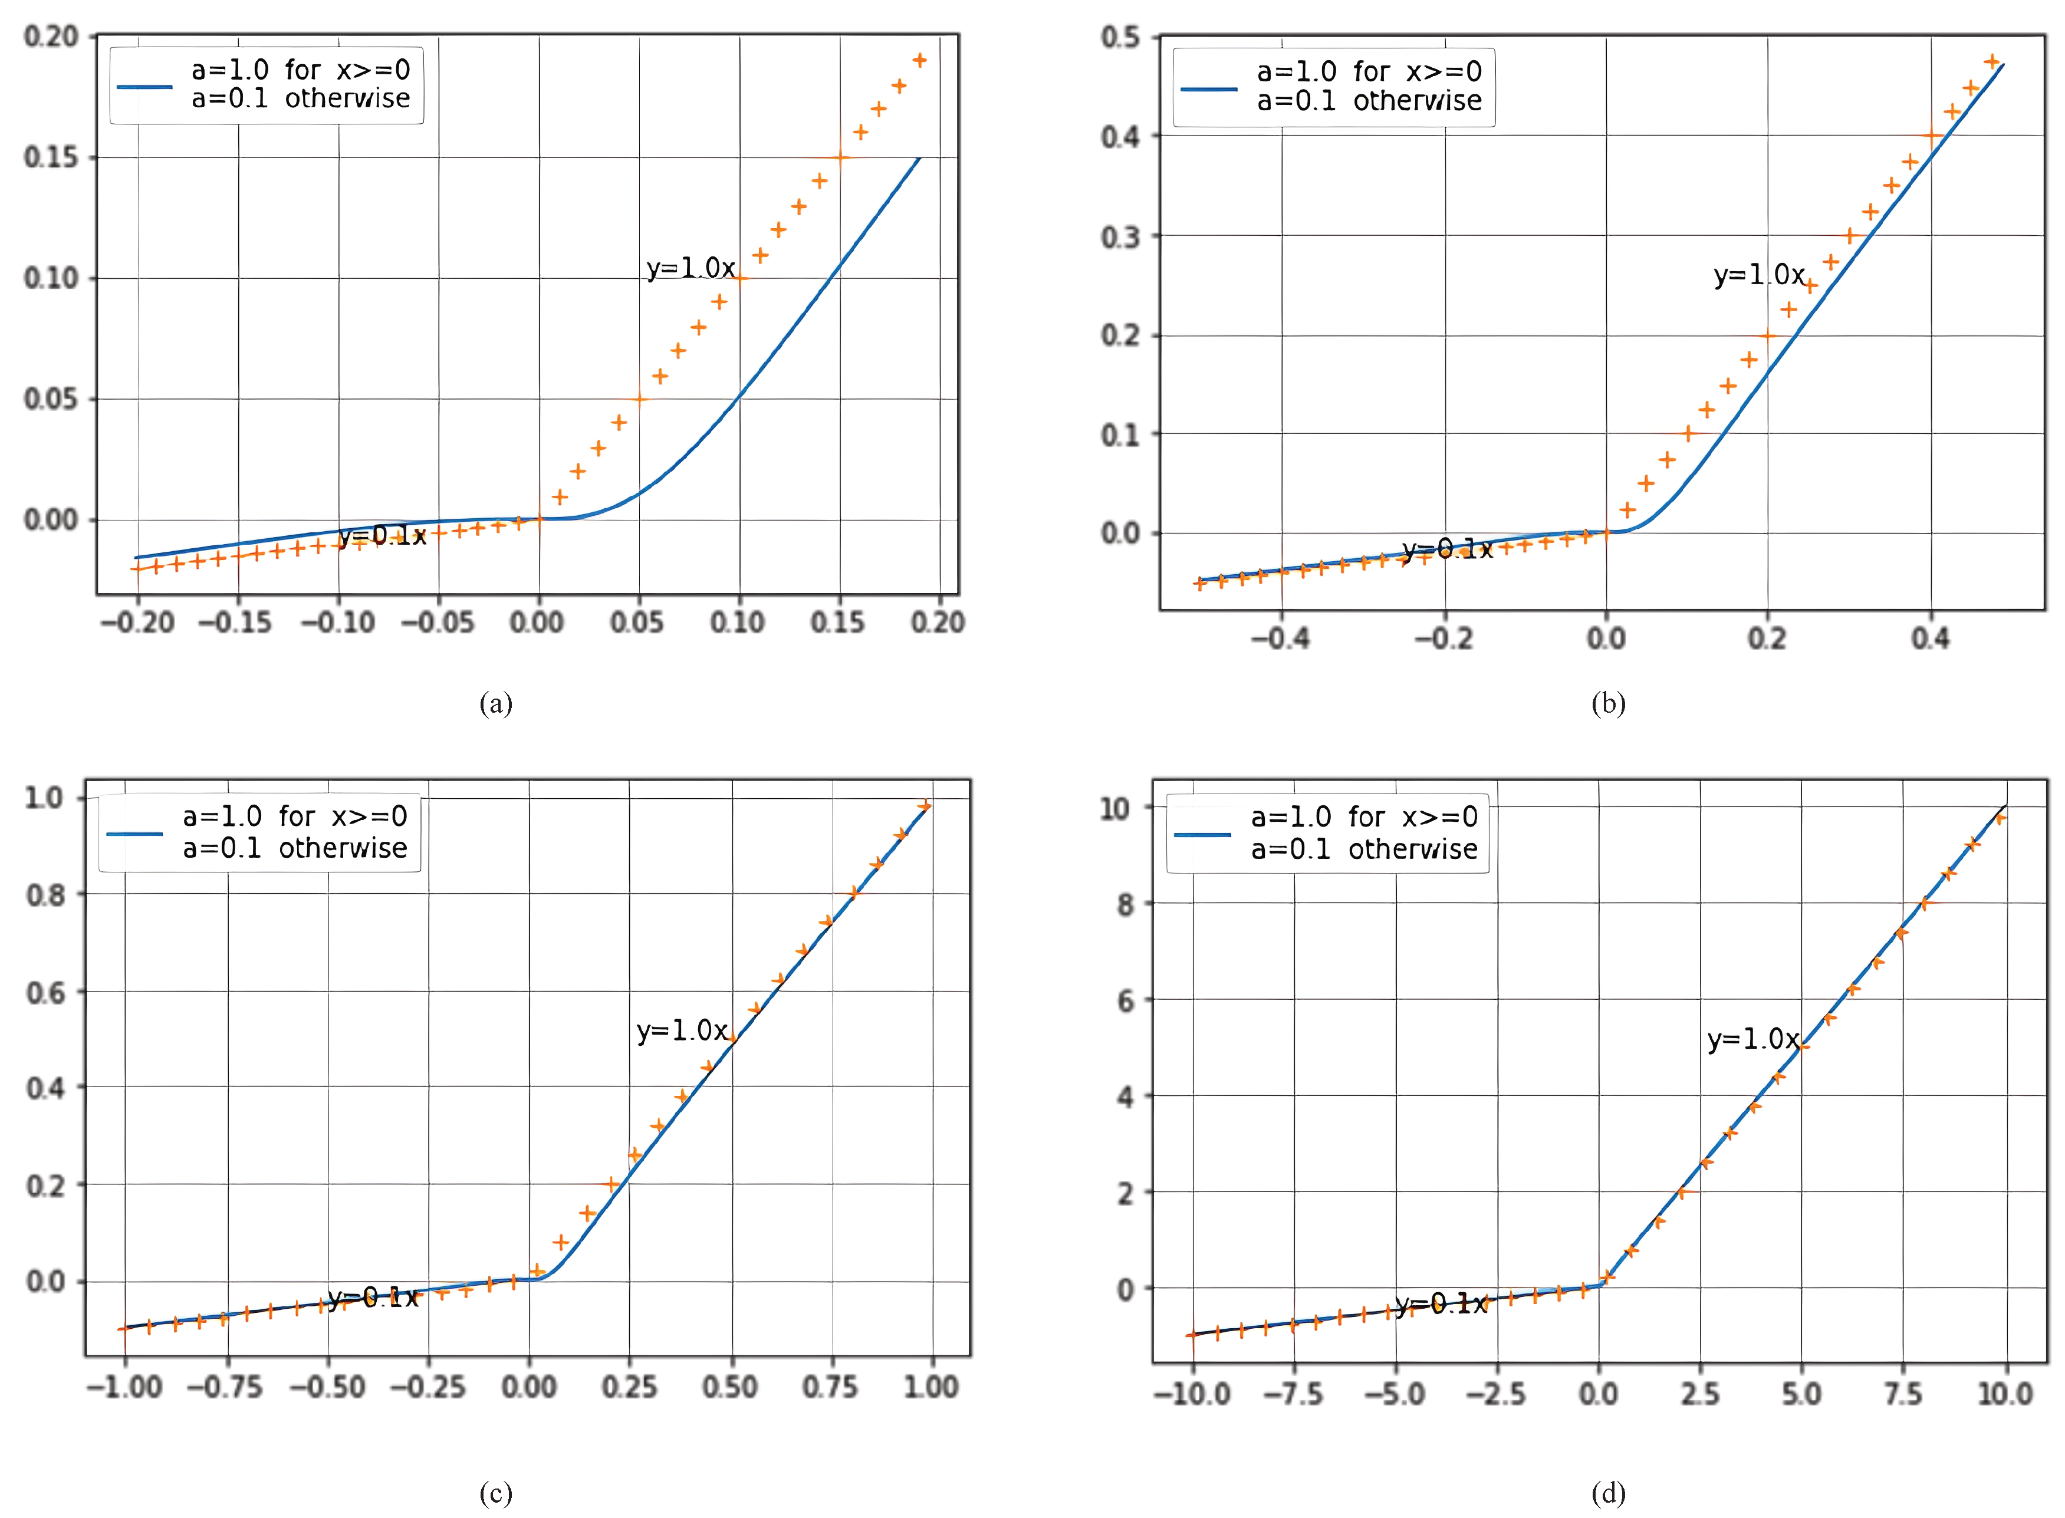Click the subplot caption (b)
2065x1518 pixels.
click(1607, 704)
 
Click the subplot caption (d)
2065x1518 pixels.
click(1607, 1493)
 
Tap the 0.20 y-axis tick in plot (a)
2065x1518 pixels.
click(51, 37)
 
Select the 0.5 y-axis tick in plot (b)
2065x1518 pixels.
click(1120, 38)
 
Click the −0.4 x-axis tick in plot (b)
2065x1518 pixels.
click(1280, 638)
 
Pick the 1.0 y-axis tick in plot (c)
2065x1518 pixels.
click(44, 798)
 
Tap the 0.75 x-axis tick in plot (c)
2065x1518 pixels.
click(830, 1387)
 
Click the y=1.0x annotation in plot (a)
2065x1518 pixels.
click(690, 268)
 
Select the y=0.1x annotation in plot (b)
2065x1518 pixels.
click(1448, 549)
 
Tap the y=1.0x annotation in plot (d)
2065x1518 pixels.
click(1752, 1039)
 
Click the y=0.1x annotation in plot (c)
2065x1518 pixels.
click(373, 1298)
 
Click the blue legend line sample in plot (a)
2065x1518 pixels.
click(144, 87)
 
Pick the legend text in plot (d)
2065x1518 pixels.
click(1364, 832)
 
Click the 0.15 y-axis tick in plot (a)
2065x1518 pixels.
click(51, 157)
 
